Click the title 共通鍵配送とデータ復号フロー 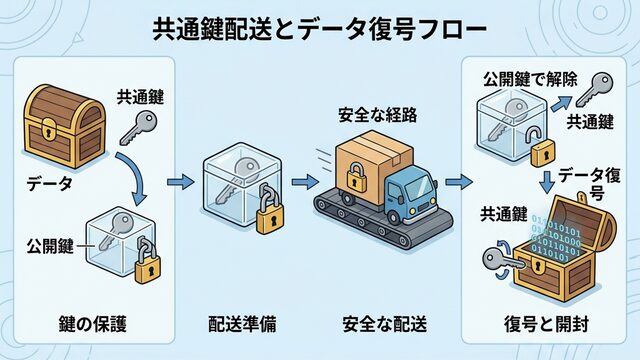[320, 29]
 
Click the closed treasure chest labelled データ [65, 126]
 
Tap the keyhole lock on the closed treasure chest [49, 130]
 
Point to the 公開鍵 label [50, 246]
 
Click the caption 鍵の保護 [92, 324]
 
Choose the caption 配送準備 [242, 324]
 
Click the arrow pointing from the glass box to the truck [305, 182]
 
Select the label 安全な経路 [378, 115]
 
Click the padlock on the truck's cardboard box [357, 176]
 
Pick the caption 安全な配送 [384, 324]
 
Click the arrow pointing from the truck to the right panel [459, 182]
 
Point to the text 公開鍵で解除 [530, 79]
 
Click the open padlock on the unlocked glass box [541, 146]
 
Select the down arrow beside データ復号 [547, 182]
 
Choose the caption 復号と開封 [546, 324]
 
